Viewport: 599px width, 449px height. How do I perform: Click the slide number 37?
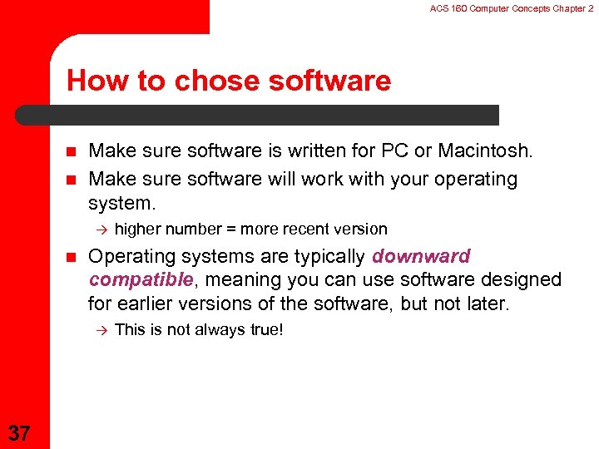tap(20, 432)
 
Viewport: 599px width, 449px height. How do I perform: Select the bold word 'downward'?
tap(422, 256)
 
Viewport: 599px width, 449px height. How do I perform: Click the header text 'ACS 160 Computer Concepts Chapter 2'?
tap(512, 8)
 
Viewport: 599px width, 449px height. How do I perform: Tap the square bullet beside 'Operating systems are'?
tap(70, 257)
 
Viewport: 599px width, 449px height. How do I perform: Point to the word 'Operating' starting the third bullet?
tap(129, 256)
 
